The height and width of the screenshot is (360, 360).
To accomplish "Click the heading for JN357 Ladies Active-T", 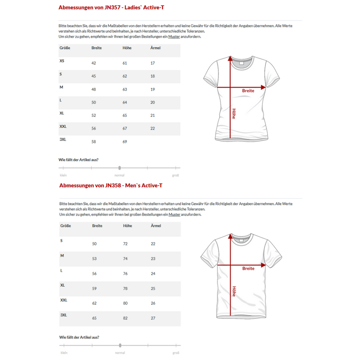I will tap(111, 8).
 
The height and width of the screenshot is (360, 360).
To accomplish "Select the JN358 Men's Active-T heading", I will tap(111, 185).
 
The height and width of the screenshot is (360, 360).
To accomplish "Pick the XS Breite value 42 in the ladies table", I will tap(94, 63).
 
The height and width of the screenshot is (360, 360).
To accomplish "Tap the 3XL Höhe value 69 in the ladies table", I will tap(125, 142).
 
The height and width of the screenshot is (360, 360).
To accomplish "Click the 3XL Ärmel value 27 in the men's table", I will tap(153, 318).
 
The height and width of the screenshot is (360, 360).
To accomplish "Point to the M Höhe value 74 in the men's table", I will tap(125, 259).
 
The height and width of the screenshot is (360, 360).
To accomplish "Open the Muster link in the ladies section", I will tap(174, 37).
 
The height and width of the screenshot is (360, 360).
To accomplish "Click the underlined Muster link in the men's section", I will tap(174, 214).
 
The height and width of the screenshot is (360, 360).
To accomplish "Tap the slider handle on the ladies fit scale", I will tap(120, 168).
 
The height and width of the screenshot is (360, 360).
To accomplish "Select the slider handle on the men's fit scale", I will tap(120, 345).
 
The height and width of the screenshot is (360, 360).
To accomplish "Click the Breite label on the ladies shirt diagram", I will tap(248, 91).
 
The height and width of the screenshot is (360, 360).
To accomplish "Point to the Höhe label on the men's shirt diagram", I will tap(234, 292).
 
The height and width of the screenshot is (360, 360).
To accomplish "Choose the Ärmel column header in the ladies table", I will tap(155, 48).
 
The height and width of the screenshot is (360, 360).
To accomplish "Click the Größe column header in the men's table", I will tap(65, 226).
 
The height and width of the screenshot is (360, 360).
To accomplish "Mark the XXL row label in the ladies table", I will tap(63, 126).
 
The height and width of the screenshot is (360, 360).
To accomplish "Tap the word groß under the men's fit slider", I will tap(176, 353).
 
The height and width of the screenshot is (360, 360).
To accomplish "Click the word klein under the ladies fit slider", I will tap(63, 175).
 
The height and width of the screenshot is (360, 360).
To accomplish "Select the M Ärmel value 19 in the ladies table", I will tap(153, 89).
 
